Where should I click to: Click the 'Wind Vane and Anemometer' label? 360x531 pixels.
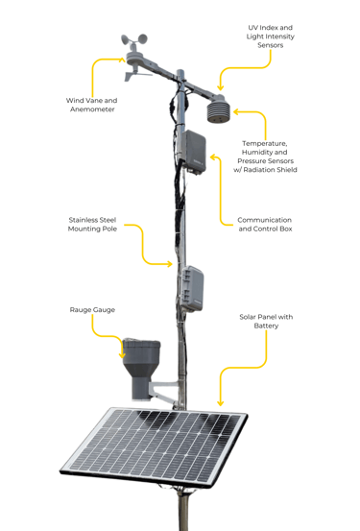tap(92, 105)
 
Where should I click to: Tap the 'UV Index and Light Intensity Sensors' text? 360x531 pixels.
tap(271, 36)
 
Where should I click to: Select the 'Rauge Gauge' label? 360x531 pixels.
tap(92, 309)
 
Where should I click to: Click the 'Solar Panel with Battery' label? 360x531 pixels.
tap(266, 321)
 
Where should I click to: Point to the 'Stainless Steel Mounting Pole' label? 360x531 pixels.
tap(92, 224)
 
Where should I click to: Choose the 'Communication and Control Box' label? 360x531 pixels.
tap(265, 224)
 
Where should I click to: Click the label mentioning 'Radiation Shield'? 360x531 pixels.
tap(265, 157)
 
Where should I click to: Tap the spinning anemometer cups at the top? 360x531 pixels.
tap(134, 40)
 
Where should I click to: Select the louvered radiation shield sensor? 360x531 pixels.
tap(219, 109)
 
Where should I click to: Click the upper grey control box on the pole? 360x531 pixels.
tap(194, 152)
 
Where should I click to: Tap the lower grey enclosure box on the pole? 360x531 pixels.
tap(192, 288)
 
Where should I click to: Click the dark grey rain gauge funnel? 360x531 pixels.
tap(141, 369)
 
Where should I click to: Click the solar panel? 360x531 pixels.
tap(155, 447)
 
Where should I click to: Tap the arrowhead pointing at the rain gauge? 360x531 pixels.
tap(122, 355)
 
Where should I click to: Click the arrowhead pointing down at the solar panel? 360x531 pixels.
tap(220, 403)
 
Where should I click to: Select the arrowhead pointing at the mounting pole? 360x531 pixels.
tap(169, 264)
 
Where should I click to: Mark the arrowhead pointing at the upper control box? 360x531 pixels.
tap(213, 157)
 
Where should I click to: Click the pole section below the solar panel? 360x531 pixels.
tap(183, 510)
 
